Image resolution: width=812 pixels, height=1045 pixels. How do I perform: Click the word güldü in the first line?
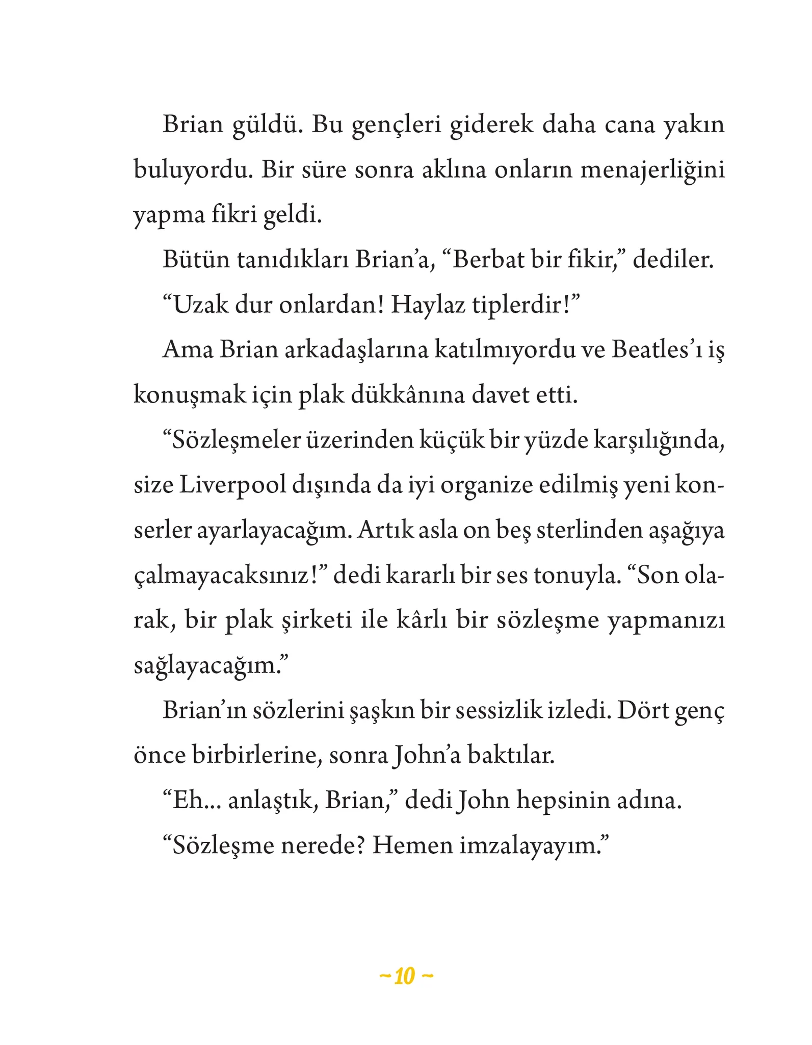(x=265, y=126)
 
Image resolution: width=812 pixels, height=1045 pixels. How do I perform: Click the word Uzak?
(x=199, y=306)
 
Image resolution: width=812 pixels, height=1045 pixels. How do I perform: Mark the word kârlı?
(x=421, y=621)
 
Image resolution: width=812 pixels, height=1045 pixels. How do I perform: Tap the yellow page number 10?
(x=406, y=977)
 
